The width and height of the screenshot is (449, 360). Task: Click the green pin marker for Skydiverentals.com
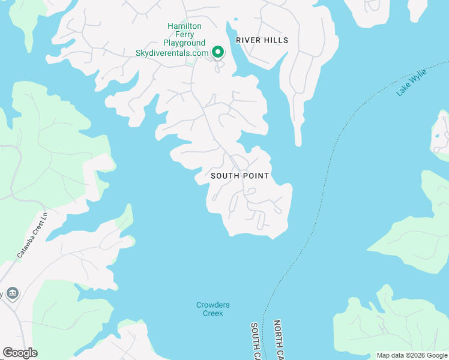coord(217,52)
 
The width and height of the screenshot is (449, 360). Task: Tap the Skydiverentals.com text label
coord(172,52)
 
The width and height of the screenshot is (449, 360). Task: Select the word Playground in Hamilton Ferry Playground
coord(184,43)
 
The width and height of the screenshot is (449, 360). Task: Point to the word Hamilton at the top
coord(184,26)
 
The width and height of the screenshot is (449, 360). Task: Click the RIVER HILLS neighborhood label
coord(262,40)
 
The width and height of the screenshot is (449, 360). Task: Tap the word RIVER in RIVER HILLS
coord(247,40)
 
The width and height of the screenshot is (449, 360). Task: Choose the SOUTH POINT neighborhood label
coord(240,176)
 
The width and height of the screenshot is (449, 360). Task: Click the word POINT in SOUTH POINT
coord(256,176)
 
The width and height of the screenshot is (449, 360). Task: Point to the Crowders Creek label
coord(212,309)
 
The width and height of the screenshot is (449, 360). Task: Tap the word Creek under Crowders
coord(212,313)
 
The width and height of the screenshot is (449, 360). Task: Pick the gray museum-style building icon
coord(13,293)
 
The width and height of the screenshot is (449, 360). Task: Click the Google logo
coord(20,353)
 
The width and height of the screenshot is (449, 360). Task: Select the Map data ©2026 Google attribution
coord(411,355)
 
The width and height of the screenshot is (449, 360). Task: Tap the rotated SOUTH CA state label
coord(255,341)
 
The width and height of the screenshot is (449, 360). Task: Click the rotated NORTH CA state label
coord(278,340)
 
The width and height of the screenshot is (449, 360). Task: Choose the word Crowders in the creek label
coord(212,305)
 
